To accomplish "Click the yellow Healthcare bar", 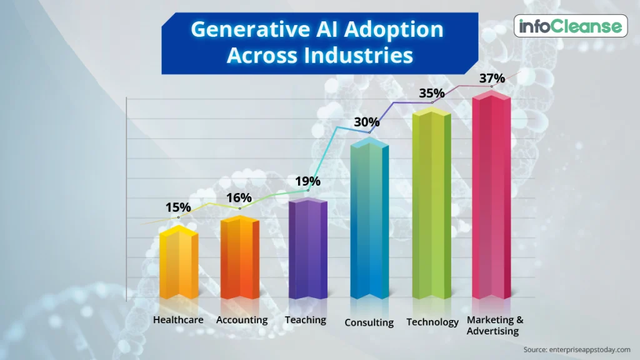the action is coord(179,262).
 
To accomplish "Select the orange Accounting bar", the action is coord(240,257).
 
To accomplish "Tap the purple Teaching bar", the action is coord(308,249).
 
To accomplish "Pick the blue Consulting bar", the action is coord(369,218).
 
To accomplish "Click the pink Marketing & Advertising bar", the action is coord(491,195).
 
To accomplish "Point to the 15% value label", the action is coord(178,207).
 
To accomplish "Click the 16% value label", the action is coord(239,198).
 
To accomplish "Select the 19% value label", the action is coord(307,181).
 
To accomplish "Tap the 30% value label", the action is coord(366,122).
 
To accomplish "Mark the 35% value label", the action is coord(432,94).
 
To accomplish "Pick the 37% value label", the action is coord(492,78).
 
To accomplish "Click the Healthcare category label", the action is coord(178,319).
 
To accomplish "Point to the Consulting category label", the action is coord(369,322).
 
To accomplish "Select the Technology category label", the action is coord(432,322).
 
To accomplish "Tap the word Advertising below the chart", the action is coord(492,331).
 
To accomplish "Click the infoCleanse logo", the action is coord(571,26).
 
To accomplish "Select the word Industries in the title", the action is coord(358,55).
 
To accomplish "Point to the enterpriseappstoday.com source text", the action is coord(589,350).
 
